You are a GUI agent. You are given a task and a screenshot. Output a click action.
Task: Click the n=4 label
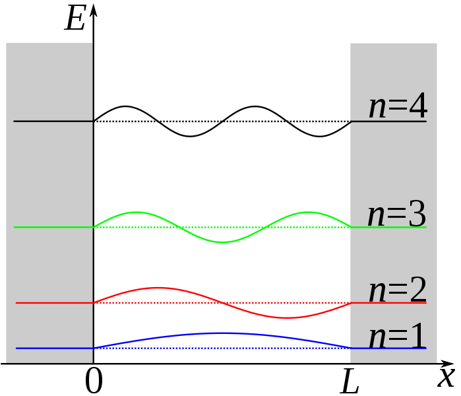point(398,106)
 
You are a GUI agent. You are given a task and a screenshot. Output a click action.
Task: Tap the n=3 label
point(396,215)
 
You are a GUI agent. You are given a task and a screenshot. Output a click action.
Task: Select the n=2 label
point(398,291)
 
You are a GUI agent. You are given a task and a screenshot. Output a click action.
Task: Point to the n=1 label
point(398,337)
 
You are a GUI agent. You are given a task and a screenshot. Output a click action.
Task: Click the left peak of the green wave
point(137,212)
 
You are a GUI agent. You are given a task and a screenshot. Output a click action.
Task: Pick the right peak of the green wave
point(309,212)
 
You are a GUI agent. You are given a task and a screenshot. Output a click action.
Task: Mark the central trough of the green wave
point(223,242)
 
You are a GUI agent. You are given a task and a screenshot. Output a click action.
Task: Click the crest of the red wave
point(158,288)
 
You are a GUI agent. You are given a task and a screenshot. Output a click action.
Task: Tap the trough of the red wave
point(288,318)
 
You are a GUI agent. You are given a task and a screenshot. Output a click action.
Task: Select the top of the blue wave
point(222,333)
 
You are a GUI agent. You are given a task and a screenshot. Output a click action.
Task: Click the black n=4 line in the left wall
point(53,121)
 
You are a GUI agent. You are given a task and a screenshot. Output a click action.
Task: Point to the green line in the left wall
point(53,227)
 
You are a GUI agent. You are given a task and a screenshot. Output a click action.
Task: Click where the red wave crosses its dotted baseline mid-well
point(222,303)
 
